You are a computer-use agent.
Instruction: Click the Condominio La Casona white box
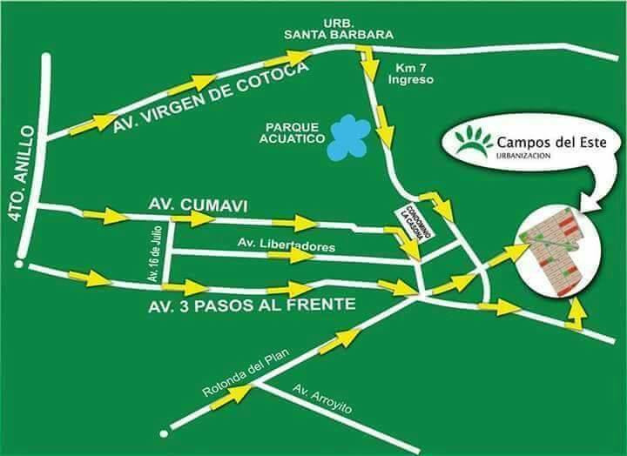(415, 224)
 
